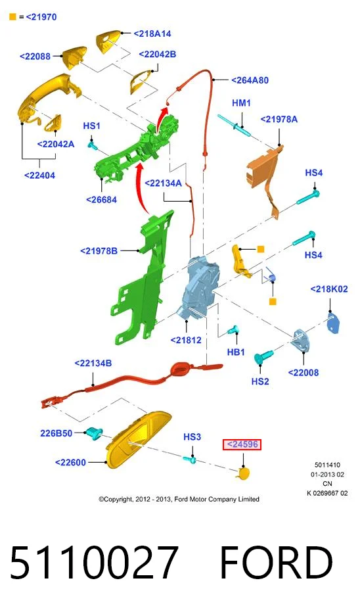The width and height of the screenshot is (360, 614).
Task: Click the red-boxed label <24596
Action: (x=242, y=444)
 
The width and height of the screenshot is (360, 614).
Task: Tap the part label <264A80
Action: (x=250, y=80)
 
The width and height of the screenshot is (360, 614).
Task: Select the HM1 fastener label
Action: (x=241, y=103)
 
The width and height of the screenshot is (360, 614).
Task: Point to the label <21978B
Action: (x=99, y=250)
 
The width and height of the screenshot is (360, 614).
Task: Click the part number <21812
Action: (x=186, y=341)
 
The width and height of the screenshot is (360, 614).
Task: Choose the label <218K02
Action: (x=329, y=289)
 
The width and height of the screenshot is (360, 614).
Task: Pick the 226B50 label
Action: (x=56, y=433)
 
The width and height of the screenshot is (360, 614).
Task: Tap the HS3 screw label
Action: (x=192, y=437)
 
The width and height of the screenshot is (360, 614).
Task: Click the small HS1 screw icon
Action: (x=93, y=146)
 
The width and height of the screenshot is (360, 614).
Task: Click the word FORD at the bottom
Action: (x=277, y=563)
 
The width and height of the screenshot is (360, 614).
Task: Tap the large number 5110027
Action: (x=94, y=563)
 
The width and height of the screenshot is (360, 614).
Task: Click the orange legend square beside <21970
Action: (x=13, y=17)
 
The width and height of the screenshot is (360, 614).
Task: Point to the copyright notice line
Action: (x=179, y=499)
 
